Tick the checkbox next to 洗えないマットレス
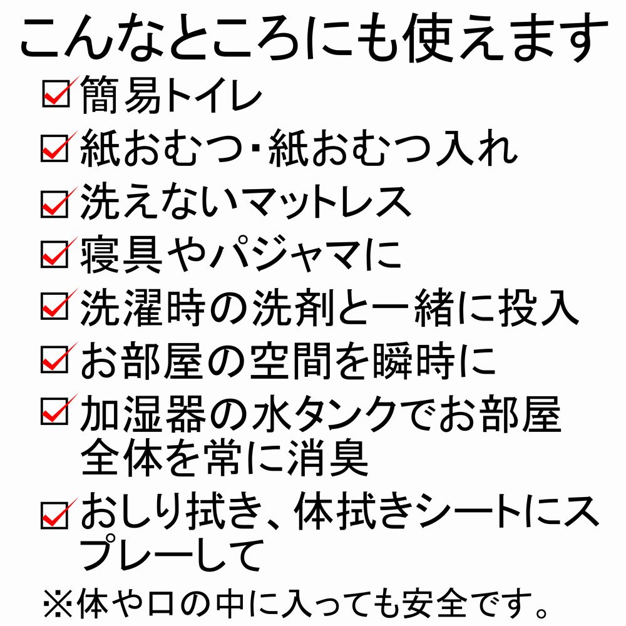[x=54, y=204]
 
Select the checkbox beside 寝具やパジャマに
[x=54, y=255]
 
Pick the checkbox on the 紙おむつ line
[x=54, y=148]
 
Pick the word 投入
[x=538, y=307]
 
